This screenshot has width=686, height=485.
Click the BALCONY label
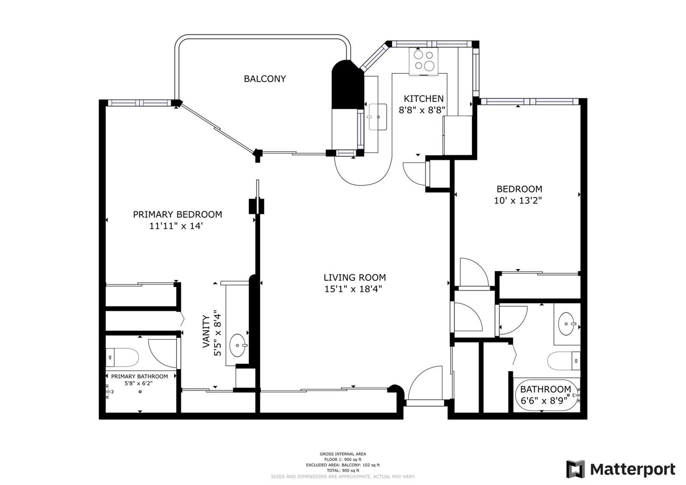point(265,79)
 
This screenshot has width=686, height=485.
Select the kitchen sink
point(378,117)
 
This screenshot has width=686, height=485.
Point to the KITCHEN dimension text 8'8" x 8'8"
point(422,110)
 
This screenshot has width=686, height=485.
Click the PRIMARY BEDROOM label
point(178,214)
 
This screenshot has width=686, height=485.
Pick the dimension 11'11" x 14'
point(176,226)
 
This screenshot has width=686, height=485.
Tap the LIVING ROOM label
point(355,277)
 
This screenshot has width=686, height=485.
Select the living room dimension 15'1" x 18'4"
point(353,289)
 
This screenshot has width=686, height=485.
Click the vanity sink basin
point(238,345)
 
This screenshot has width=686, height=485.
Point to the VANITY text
point(206,332)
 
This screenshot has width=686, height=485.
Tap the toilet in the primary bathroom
point(122,358)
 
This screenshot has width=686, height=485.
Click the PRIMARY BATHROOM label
point(139,376)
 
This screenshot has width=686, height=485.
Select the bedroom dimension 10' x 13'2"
point(518,200)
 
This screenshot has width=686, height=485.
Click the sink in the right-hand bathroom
point(566,324)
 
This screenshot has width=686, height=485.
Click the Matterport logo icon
point(575,469)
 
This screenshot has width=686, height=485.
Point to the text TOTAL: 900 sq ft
point(343,470)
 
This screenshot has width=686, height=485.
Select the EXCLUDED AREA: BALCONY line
point(343,465)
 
